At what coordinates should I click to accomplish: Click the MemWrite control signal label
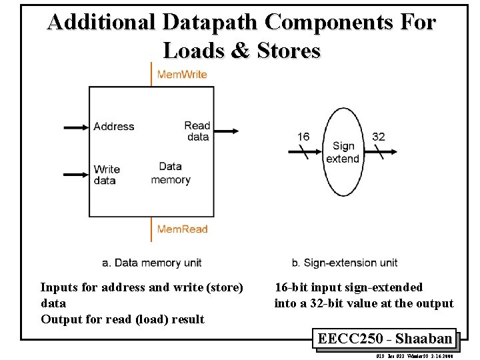(182, 74)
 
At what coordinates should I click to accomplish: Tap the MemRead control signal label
(182, 229)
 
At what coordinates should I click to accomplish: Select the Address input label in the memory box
(113, 127)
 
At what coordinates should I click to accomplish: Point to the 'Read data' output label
(197, 131)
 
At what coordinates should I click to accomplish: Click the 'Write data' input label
(107, 175)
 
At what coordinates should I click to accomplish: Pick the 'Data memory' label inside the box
(171, 173)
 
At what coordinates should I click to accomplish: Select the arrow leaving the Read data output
(227, 131)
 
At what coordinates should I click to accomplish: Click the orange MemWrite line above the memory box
(151, 75)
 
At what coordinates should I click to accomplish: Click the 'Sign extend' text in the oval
(343, 152)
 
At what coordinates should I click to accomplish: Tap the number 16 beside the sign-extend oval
(303, 137)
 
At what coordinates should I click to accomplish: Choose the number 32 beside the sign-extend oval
(379, 137)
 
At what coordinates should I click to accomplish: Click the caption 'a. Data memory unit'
(151, 263)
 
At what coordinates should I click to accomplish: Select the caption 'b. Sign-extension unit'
(345, 263)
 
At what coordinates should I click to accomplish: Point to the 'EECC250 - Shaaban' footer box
(385, 339)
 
